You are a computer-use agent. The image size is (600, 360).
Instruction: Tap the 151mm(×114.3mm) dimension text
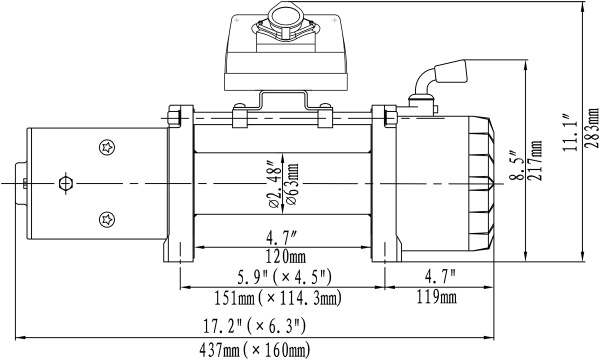click(276, 298)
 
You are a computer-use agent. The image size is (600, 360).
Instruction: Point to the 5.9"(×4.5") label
click(278, 276)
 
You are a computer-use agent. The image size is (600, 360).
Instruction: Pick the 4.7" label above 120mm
click(282, 237)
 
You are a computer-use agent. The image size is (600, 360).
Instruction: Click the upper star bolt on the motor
click(107, 149)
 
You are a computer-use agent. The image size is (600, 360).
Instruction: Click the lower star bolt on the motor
click(107, 218)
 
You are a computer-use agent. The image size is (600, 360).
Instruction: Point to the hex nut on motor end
click(66, 183)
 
